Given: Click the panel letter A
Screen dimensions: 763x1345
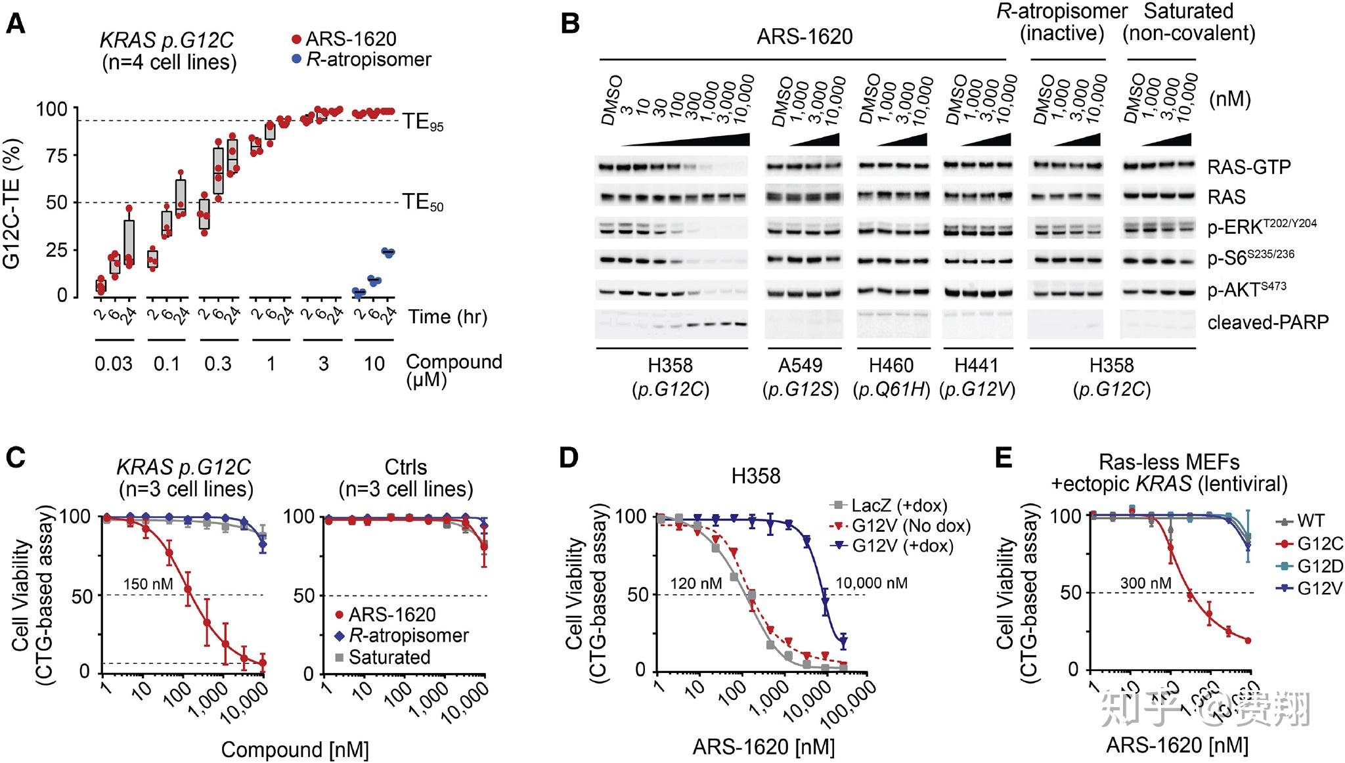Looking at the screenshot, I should tap(15, 24).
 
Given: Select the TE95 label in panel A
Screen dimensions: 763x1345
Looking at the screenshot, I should tap(422, 122).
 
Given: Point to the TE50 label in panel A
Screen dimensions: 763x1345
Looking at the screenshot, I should tap(422, 202).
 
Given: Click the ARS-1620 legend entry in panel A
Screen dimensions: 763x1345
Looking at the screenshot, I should tap(351, 39).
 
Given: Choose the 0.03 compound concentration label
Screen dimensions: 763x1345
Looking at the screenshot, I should tap(114, 363).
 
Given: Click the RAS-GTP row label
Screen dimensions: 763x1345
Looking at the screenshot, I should tap(1248, 167).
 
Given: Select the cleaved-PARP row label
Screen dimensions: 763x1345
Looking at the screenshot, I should tap(1267, 322).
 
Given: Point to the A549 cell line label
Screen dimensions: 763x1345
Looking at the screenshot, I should tap(801, 366).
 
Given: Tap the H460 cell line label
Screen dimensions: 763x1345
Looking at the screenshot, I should tap(891, 366).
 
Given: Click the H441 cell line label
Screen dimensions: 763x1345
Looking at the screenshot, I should tap(977, 366).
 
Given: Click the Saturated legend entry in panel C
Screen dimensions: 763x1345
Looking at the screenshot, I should tap(389, 657).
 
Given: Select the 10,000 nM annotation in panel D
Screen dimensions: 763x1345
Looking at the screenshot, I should tap(871, 582).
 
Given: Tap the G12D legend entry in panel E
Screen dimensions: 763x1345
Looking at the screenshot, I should tap(1320, 566).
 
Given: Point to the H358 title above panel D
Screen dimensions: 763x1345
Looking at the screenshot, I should tap(756, 475).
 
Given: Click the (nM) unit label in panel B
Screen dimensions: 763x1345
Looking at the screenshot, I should tap(1230, 99).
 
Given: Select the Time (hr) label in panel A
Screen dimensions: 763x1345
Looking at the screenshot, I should tap(448, 317).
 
